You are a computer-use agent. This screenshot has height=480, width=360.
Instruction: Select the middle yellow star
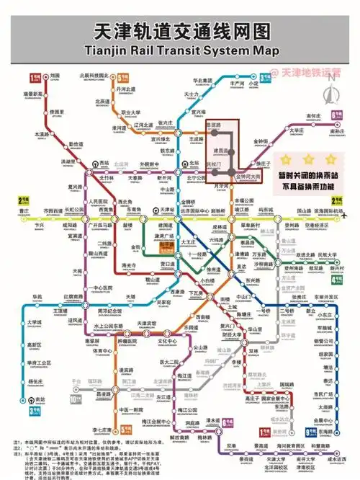[307, 159]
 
